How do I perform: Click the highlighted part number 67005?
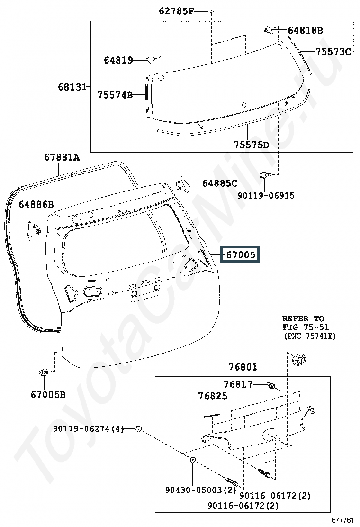click(241, 254)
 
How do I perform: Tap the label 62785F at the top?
click(176, 11)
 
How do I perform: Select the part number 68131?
click(72, 87)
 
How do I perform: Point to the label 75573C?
click(333, 52)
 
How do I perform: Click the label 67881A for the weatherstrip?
click(62, 157)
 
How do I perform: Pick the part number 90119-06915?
click(266, 195)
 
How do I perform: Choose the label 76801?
click(243, 367)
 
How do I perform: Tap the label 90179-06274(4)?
click(88, 429)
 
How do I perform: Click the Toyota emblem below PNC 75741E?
click(298, 360)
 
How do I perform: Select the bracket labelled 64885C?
click(183, 184)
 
